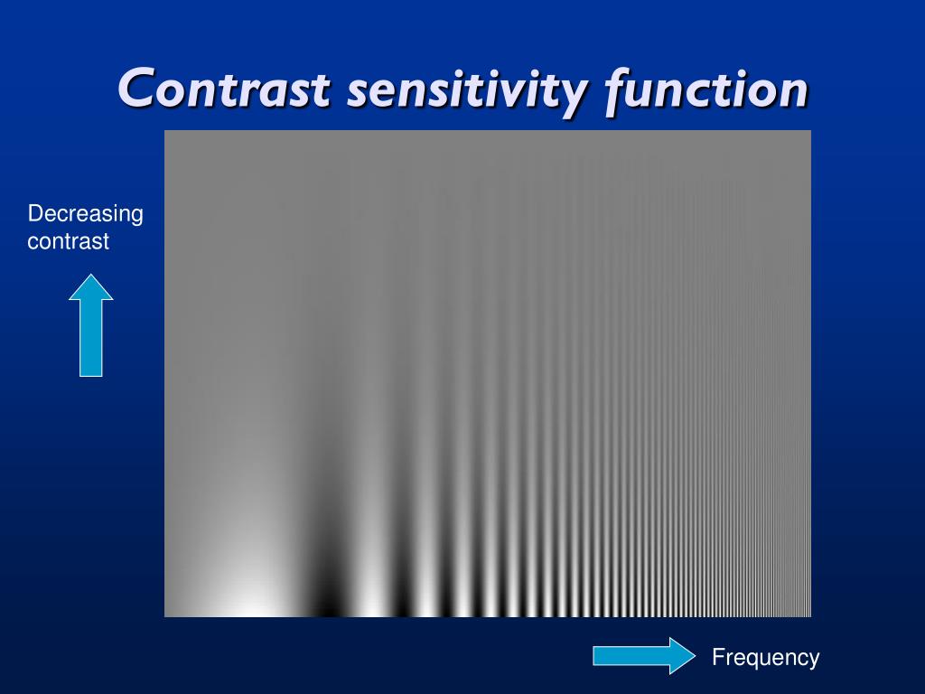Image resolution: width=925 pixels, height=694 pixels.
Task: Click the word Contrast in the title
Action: pos(224,89)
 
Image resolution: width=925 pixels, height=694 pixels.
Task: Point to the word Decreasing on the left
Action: pos(85,214)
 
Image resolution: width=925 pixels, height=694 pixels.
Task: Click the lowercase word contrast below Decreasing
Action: pos(68,241)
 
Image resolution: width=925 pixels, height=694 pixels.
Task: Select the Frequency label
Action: pos(765,657)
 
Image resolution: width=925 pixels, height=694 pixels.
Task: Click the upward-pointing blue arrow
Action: pos(90,327)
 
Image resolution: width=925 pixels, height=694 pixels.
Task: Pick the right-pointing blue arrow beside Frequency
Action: pos(643,655)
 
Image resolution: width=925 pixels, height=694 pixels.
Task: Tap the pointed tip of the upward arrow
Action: pos(90,276)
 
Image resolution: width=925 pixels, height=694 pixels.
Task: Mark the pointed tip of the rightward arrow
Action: pos(695,655)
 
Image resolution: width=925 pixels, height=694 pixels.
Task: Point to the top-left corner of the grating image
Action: pos(165,131)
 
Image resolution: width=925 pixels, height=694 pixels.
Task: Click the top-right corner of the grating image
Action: pos(810,131)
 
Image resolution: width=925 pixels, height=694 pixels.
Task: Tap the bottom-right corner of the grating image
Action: pos(810,616)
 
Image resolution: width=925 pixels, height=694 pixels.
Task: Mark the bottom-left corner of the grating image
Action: pos(165,616)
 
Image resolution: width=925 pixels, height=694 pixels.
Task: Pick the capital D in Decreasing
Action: pos(34,214)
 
